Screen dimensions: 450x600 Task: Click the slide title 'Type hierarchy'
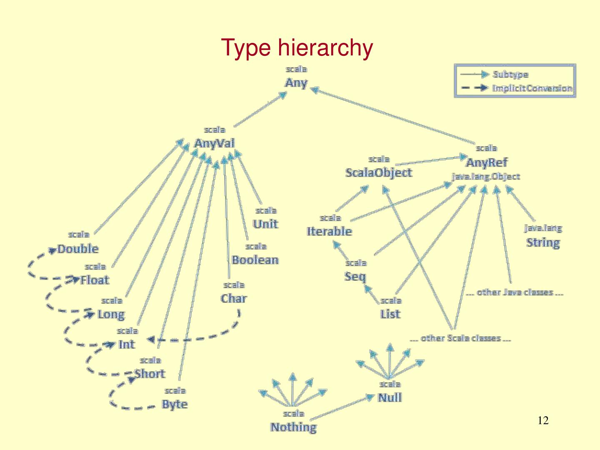pyautogui.click(x=297, y=47)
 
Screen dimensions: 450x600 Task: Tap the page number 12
pyautogui.click(x=543, y=421)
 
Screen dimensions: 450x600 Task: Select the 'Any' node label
pyautogui.click(x=296, y=83)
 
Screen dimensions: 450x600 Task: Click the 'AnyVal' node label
pyautogui.click(x=214, y=143)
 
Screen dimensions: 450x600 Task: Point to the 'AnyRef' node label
pyautogui.click(x=486, y=162)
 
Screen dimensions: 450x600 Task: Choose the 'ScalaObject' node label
pyautogui.click(x=378, y=172)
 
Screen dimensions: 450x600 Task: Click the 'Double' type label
pyautogui.click(x=78, y=249)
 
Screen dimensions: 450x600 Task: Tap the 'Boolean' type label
pyautogui.click(x=255, y=260)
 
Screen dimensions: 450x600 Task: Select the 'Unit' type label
pyautogui.click(x=265, y=224)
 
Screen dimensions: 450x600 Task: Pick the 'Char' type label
pyautogui.click(x=233, y=299)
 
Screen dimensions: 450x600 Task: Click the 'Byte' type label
pyautogui.click(x=175, y=404)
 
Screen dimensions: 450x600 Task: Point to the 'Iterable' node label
pyautogui.click(x=329, y=232)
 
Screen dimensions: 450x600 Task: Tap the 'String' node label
pyautogui.click(x=543, y=242)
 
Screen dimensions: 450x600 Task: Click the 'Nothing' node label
pyautogui.click(x=293, y=427)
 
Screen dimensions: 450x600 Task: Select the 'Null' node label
pyautogui.click(x=390, y=398)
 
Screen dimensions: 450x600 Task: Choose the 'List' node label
pyautogui.click(x=390, y=314)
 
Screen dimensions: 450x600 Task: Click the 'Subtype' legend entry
pyautogui.click(x=510, y=75)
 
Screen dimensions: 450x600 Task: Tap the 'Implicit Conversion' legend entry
pyautogui.click(x=532, y=88)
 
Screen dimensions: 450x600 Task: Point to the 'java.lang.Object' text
pyautogui.click(x=486, y=177)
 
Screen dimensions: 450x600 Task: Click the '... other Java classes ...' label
pyautogui.click(x=515, y=292)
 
